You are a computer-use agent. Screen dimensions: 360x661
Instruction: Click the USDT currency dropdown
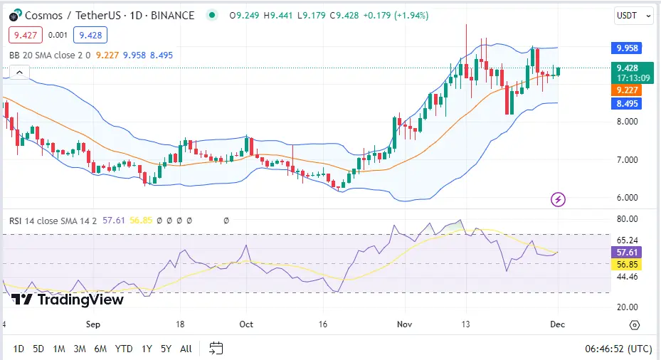tap(633, 15)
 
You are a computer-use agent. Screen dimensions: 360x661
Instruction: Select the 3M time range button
tap(80, 349)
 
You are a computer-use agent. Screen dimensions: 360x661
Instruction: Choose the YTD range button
tap(124, 349)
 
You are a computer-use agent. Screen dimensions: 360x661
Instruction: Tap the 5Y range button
tap(166, 349)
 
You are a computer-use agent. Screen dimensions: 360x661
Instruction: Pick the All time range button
tap(186, 349)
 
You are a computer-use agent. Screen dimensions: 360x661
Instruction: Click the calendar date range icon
tap(216, 349)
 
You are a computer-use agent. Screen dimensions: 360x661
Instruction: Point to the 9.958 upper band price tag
tap(627, 48)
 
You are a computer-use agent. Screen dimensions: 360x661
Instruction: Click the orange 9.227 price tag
tap(627, 90)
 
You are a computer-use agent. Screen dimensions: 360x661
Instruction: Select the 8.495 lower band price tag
tap(627, 104)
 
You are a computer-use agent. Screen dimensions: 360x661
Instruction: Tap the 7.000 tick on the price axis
tap(627, 160)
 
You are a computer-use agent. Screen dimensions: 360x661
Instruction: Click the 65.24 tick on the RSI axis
tap(627, 240)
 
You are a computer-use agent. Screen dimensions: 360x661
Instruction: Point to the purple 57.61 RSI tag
tap(627, 253)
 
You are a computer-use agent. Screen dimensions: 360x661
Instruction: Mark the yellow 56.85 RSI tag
tap(627, 265)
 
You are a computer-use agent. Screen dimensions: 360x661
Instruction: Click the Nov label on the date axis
tap(406, 324)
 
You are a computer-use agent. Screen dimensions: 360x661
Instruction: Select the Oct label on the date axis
tap(246, 324)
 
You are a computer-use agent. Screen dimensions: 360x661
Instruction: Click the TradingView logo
tap(68, 300)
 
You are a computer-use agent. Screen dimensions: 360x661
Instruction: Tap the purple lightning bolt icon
tap(559, 199)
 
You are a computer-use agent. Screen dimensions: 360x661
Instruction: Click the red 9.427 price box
tap(26, 35)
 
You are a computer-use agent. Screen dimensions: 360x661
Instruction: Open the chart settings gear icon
tap(634, 324)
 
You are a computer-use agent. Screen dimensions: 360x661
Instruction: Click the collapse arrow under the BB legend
tap(19, 72)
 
